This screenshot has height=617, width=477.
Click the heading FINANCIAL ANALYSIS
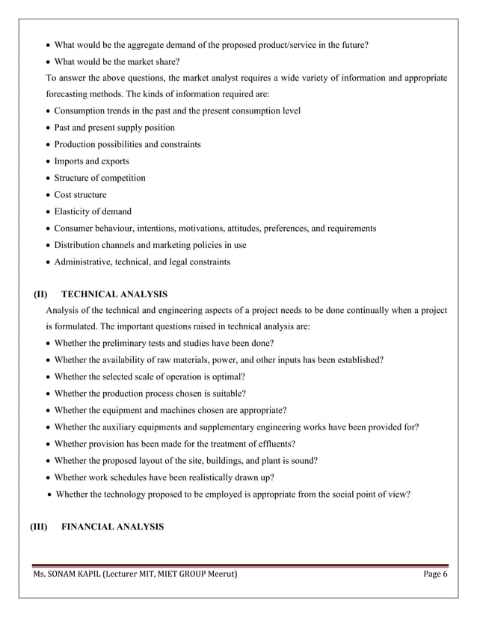click(x=112, y=527)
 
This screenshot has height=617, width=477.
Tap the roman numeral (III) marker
click(x=38, y=527)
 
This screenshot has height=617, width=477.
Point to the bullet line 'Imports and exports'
click(x=91, y=161)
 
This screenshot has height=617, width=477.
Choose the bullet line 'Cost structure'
click(x=80, y=194)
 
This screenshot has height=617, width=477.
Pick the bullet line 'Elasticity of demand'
click(x=93, y=211)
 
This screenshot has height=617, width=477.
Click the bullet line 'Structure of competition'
click(x=99, y=178)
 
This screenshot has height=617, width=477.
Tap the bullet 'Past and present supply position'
click(x=114, y=128)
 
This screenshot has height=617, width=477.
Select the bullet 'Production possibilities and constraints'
click(x=127, y=144)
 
